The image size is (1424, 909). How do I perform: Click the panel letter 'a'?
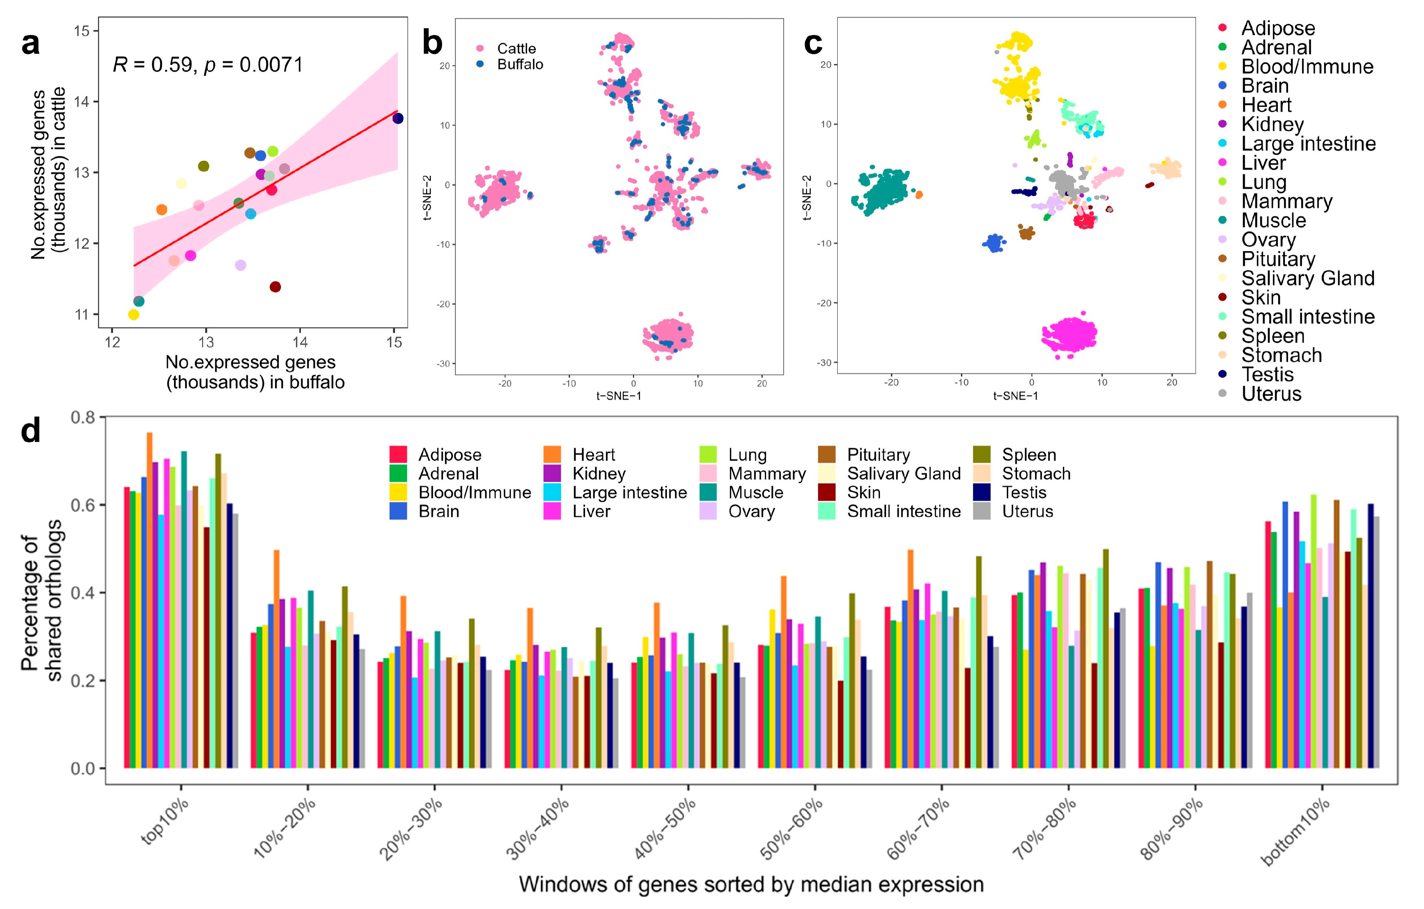31,44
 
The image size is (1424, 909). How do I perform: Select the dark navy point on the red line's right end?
398,118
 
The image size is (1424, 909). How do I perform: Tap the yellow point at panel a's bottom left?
133,315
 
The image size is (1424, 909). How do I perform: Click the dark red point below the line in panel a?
275,287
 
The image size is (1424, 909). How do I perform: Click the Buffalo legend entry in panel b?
519,64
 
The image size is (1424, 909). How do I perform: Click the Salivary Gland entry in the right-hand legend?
1307,278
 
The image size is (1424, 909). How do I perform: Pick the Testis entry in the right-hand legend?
1267,375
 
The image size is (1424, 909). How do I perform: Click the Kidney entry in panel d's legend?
599,473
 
